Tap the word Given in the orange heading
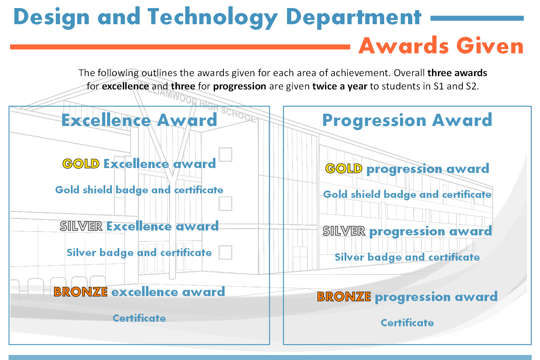tap(490, 46)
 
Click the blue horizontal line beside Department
tap(477, 18)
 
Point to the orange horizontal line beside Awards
tap(180, 47)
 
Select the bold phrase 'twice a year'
tap(340, 86)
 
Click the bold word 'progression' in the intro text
tap(240, 86)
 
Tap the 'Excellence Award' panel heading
tap(139, 120)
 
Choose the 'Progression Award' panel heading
tap(407, 120)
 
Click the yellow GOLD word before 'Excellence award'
tap(81, 164)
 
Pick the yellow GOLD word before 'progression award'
tap(344, 168)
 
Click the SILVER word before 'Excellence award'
tap(81, 226)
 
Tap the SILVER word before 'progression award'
tap(344, 231)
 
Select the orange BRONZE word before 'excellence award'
tap(80, 292)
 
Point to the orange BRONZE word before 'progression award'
tap(344, 296)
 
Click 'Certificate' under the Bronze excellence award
tap(139, 318)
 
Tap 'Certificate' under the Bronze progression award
tap(407, 323)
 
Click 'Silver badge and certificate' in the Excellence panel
tap(139, 253)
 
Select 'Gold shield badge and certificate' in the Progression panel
tap(407, 195)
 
